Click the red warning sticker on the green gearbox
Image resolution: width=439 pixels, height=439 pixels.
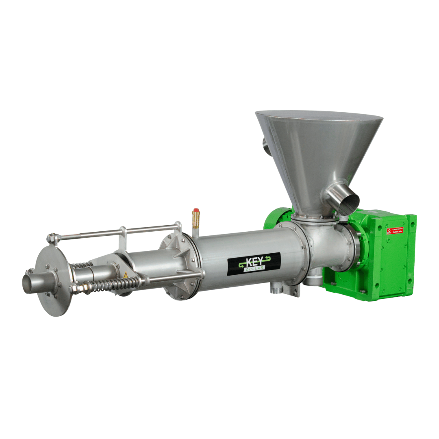(395, 231)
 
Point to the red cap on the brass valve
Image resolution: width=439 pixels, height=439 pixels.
(196, 211)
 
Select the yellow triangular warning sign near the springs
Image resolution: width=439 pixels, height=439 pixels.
(126, 275)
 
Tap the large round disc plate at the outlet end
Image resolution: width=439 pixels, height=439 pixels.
(53, 280)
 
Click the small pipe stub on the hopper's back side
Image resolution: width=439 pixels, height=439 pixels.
(266, 146)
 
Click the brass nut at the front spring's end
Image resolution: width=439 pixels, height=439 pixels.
(83, 288)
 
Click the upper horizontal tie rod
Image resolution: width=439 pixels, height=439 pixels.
(114, 232)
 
